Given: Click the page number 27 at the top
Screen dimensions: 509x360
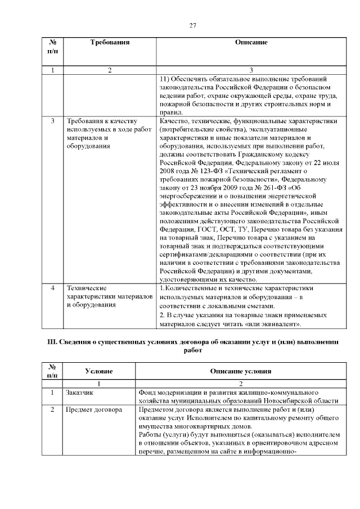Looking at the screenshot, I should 192,25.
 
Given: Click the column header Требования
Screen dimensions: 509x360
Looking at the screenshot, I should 110,42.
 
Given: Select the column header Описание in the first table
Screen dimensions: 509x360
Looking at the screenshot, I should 251,42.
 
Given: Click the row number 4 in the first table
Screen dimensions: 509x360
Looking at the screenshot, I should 52,288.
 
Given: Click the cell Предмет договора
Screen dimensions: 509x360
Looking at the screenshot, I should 94,410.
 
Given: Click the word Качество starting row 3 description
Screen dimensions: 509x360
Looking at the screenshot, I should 174,121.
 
